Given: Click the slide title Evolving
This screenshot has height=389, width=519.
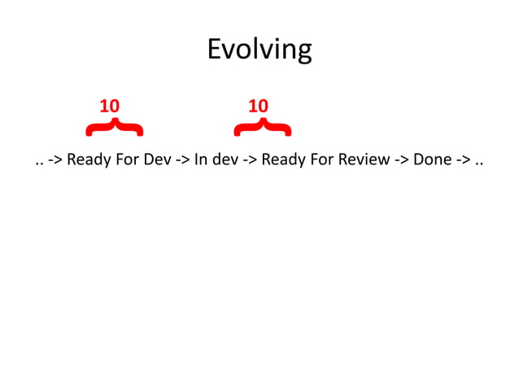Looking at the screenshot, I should [259, 50].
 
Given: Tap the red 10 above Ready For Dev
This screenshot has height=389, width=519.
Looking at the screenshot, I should [109, 107].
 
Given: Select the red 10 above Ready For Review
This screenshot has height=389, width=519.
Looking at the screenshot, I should [258, 107].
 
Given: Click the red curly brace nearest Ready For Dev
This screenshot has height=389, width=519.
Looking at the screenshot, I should [115, 127].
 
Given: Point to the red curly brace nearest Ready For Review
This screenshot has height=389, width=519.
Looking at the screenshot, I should [262, 127].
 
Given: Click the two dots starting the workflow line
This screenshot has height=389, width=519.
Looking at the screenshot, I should [39, 160].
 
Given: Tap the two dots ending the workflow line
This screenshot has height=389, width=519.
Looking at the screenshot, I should [478, 160].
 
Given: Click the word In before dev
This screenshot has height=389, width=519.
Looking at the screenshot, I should [200, 160].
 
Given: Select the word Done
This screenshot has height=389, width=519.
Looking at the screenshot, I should [432, 160].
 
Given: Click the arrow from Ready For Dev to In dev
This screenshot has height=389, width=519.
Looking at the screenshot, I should [182, 160].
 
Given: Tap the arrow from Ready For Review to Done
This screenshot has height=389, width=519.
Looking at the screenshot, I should [402, 160].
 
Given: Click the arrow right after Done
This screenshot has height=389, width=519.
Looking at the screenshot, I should [462, 160].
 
